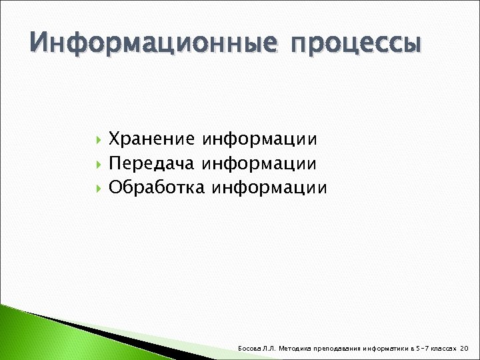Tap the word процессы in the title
[357, 44]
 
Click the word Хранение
[151, 139]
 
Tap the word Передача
[151, 163]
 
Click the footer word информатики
[385, 349]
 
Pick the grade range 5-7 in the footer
[421, 349]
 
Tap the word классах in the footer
[443, 349]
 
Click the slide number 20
[465, 349]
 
